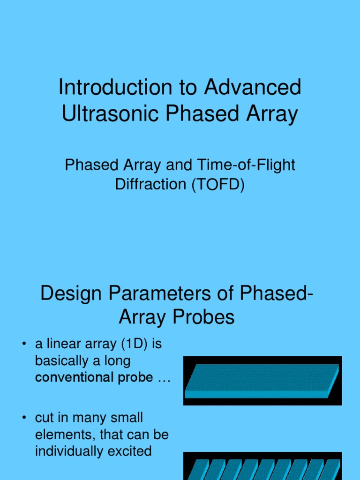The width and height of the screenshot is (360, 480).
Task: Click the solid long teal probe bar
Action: click(262, 380)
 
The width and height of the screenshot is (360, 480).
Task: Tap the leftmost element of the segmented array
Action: click(195, 470)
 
